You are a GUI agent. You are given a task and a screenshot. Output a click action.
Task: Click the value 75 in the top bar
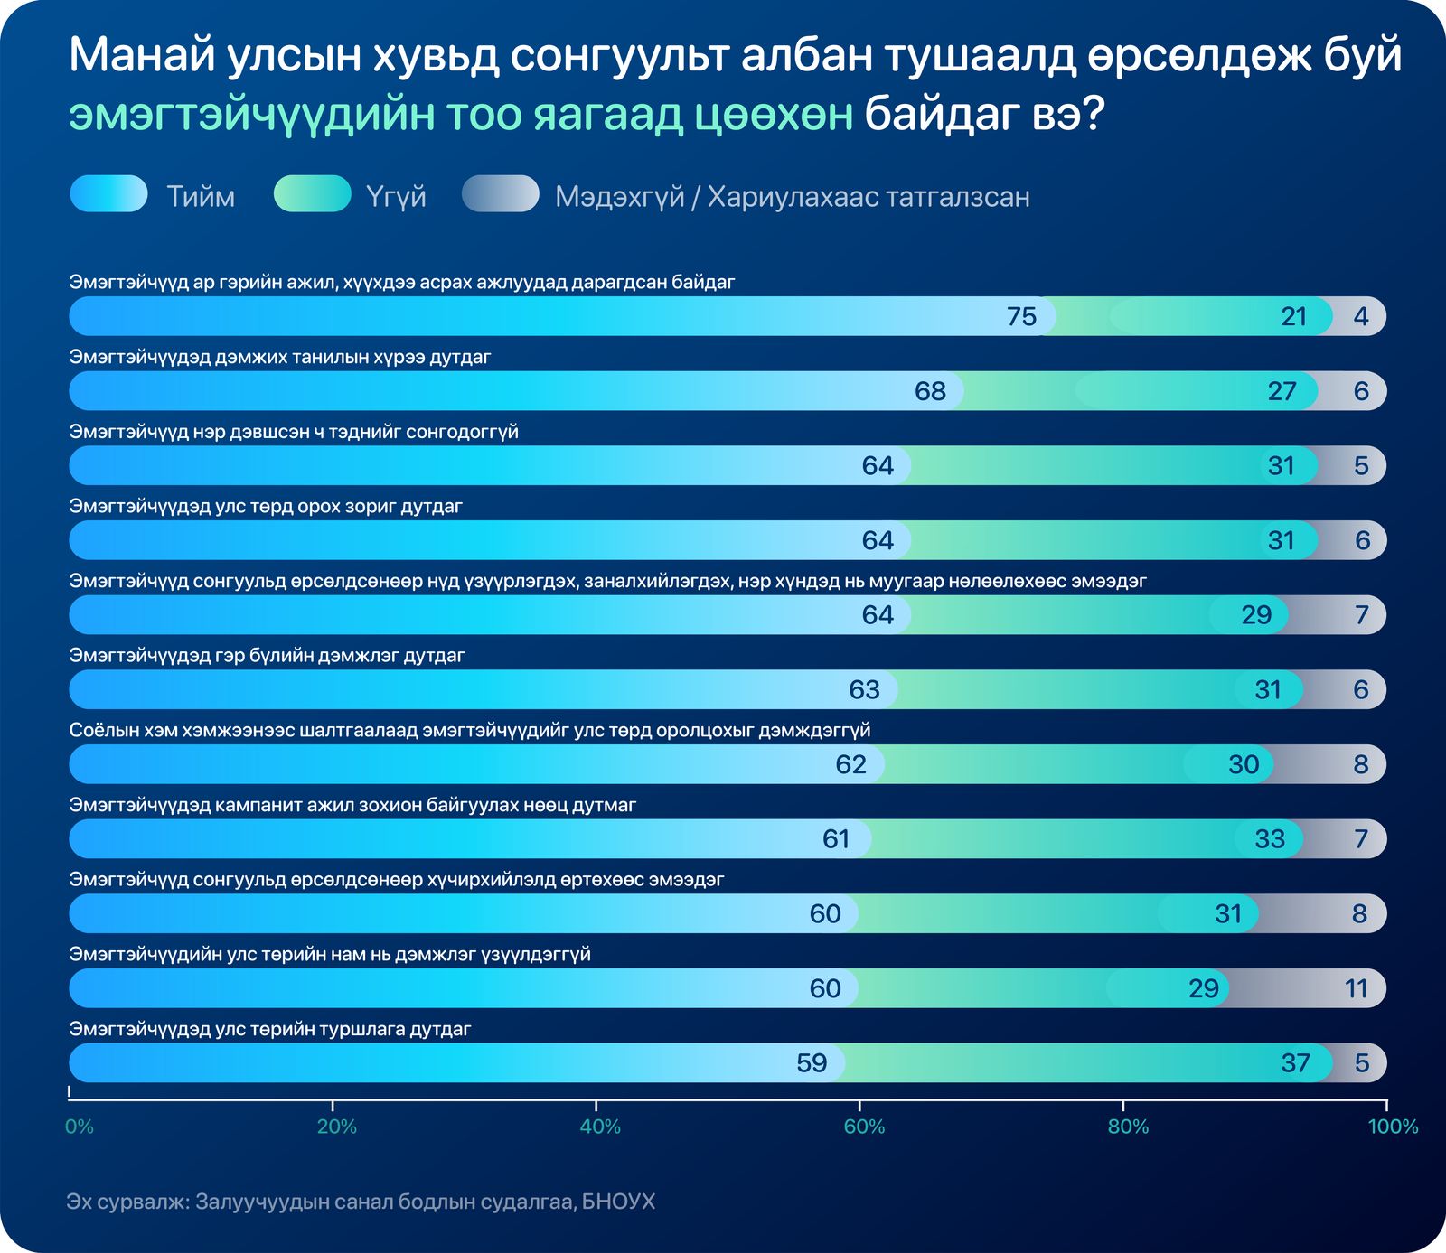[x=1021, y=317]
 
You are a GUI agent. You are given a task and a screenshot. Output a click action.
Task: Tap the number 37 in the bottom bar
[x=1295, y=1063]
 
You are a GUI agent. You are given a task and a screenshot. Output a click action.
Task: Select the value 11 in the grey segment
[x=1356, y=989]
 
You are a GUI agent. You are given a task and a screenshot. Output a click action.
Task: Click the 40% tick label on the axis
[x=600, y=1127]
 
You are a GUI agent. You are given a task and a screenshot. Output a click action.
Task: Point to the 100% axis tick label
[x=1393, y=1127]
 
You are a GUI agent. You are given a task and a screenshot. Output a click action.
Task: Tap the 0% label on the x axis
[x=80, y=1127]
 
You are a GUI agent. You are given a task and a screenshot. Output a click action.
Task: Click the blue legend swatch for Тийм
[x=108, y=194]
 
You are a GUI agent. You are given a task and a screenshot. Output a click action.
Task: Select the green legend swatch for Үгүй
[x=313, y=194]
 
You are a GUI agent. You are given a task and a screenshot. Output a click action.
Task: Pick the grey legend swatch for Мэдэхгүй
[x=501, y=194]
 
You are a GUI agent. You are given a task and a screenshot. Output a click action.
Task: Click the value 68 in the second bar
[x=930, y=392]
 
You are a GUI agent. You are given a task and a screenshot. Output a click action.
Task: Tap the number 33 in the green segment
[x=1269, y=839]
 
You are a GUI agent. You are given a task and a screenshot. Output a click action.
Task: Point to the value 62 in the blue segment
[x=850, y=765]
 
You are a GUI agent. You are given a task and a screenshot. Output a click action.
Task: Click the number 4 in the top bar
[x=1361, y=317]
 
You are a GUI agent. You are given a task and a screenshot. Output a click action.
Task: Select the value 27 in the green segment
[x=1282, y=392]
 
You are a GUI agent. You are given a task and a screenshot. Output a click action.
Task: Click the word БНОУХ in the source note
[x=618, y=1202]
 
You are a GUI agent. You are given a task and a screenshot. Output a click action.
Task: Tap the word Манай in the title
[x=141, y=56]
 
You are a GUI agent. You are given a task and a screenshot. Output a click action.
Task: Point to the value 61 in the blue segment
[x=836, y=839]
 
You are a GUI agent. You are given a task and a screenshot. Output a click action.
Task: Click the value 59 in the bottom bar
[x=812, y=1063]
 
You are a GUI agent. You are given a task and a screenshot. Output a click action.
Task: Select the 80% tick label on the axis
[x=1128, y=1127]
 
